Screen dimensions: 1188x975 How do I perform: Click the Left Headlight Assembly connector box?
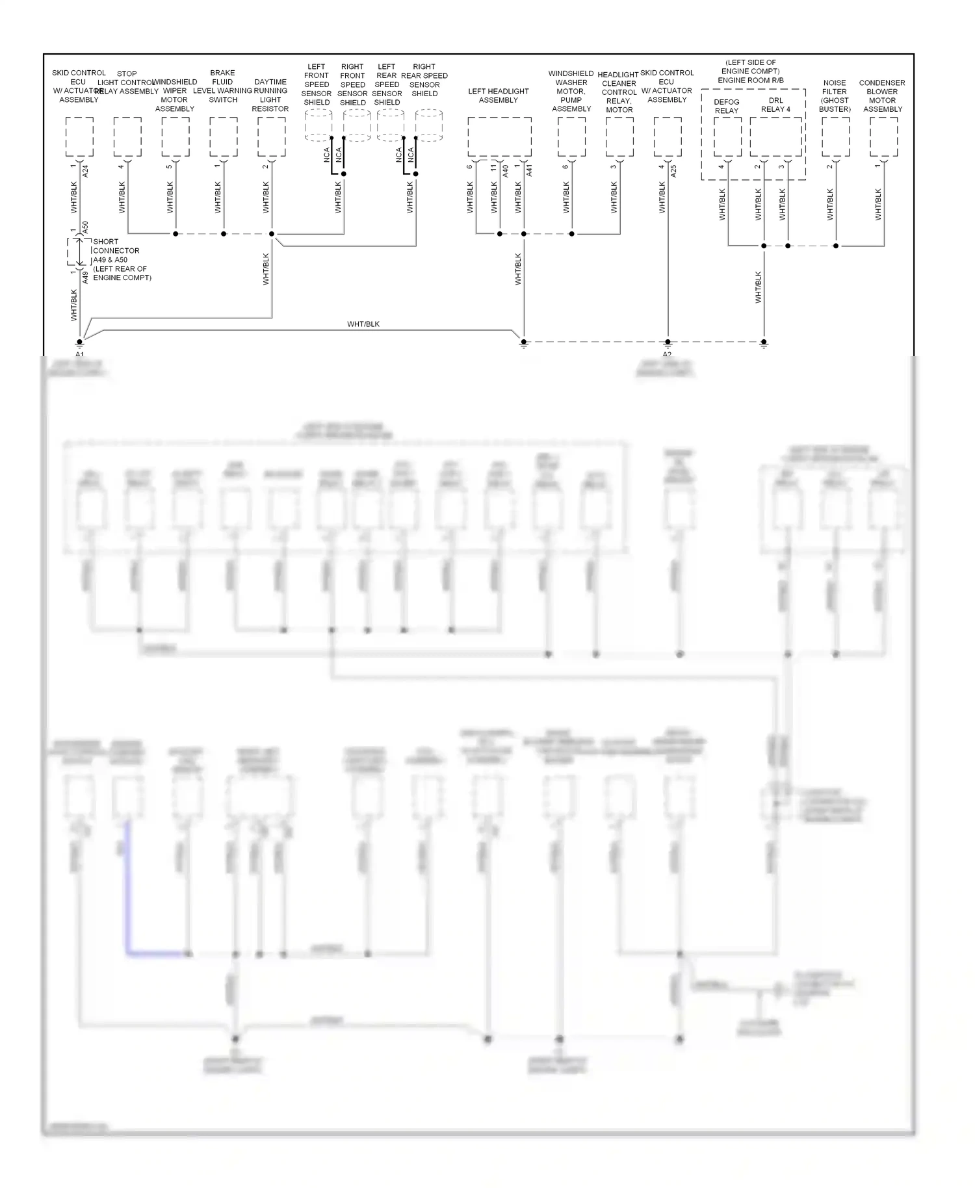point(499,137)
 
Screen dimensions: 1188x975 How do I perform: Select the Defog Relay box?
point(727,137)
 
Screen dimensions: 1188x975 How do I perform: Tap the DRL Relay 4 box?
point(775,137)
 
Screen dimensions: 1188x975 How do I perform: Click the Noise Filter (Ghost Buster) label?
point(835,96)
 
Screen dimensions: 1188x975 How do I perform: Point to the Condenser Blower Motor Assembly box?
point(883,137)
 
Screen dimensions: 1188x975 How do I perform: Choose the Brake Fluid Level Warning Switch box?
point(224,137)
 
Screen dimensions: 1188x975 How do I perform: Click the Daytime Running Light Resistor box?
point(271,137)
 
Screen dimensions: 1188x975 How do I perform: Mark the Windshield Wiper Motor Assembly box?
point(175,137)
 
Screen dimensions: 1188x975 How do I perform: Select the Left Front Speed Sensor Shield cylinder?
point(318,125)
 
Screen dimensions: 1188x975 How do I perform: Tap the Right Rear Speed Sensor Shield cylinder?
point(429,125)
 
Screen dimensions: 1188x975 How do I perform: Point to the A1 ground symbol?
point(80,344)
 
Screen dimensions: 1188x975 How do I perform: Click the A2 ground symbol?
point(668,344)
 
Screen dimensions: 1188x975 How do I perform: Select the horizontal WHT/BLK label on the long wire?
point(363,324)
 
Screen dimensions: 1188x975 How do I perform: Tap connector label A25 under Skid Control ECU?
point(674,172)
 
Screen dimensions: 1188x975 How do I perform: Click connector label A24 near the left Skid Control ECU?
point(86,172)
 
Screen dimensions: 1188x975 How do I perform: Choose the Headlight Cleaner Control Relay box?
point(619,137)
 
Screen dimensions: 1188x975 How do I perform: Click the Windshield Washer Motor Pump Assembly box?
point(571,137)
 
